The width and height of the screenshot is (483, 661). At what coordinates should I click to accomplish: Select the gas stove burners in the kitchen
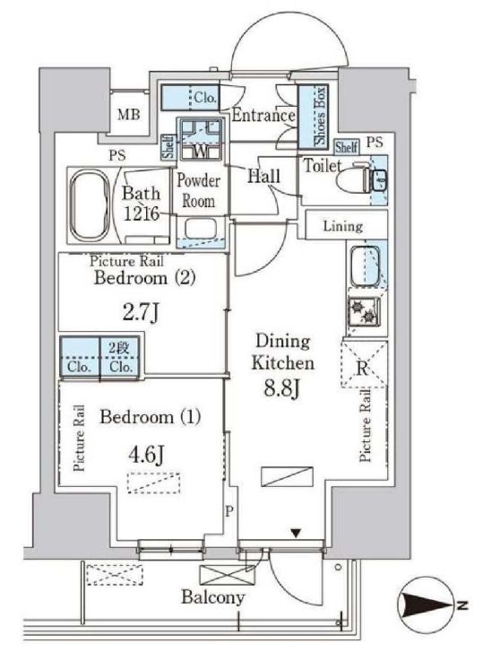tap(364, 311)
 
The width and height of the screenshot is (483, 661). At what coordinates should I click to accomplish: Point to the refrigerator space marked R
tap(364, 364)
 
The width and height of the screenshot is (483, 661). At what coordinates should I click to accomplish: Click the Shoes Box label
tap(321, 115)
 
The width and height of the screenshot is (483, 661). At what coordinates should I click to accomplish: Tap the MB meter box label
tap(129, 114)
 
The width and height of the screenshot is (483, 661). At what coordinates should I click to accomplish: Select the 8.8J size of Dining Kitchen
tap(281, 388)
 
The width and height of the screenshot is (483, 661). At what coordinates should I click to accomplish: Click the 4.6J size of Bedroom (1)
tap(147, 455)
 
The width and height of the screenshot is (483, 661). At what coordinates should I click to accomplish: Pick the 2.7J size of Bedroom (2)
tap(141, 313)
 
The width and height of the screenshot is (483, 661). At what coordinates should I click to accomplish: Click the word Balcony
tap(213, 597)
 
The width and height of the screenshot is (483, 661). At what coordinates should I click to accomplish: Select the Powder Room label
tap(198, 191)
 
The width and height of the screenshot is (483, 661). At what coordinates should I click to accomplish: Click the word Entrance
tap(263, 115)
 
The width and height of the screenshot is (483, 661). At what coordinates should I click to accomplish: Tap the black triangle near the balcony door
tap(296, 535)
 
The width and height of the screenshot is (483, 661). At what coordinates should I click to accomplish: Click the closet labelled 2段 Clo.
tap(119, 356)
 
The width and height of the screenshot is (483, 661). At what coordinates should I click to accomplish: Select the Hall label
tap(264, 176)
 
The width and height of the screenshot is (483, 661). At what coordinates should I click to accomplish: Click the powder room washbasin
tap(201, 230)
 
